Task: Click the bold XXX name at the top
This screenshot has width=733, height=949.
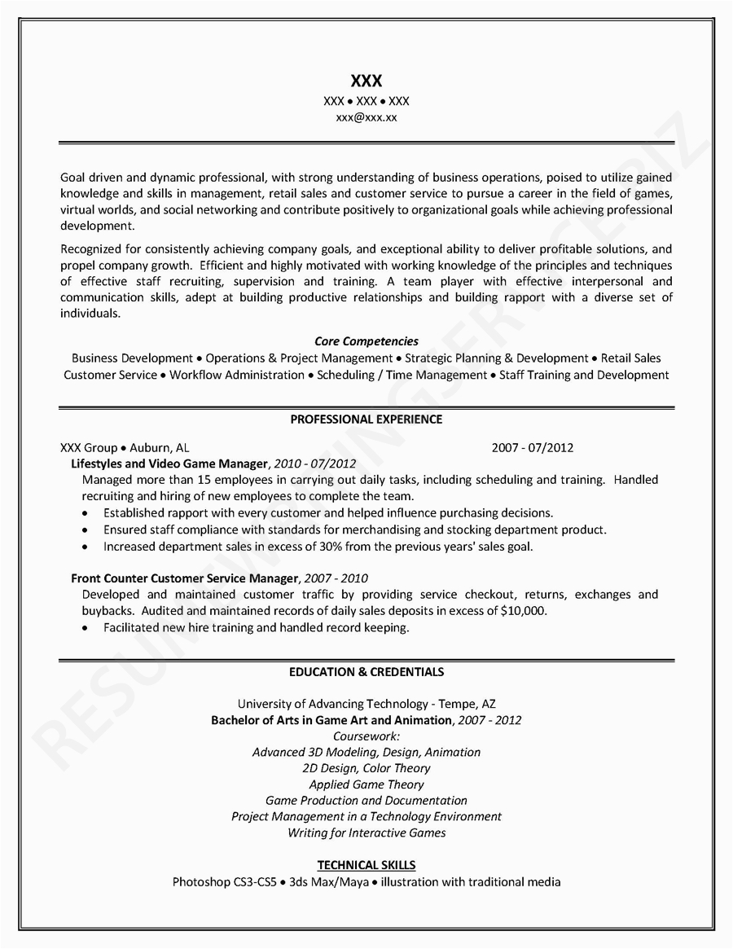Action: [366, 81]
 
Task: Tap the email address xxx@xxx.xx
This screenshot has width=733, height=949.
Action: [366, 117]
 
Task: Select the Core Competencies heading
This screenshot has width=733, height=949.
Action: [366, 341]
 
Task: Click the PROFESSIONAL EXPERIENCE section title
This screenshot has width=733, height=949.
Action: [366, 420]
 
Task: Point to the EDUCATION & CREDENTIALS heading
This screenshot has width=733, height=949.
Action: [366, 672]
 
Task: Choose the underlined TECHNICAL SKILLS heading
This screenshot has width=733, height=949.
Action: [366, 865]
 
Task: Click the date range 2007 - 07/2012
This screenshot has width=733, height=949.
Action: [533, 447]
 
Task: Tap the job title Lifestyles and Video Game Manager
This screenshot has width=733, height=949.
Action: [169, 464]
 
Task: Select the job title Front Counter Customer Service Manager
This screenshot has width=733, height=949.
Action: [184, 578]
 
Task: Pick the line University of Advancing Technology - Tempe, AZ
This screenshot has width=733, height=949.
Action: [366, 704]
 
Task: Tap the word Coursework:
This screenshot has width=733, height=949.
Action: [366, 736]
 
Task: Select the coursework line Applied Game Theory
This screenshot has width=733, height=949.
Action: [366, 784]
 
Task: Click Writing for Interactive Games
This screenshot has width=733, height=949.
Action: [366, 833]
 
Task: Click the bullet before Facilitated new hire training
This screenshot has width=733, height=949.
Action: [86, 628]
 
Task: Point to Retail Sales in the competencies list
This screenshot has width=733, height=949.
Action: [632, 358]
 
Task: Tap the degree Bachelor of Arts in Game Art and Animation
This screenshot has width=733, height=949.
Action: [331, 720]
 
